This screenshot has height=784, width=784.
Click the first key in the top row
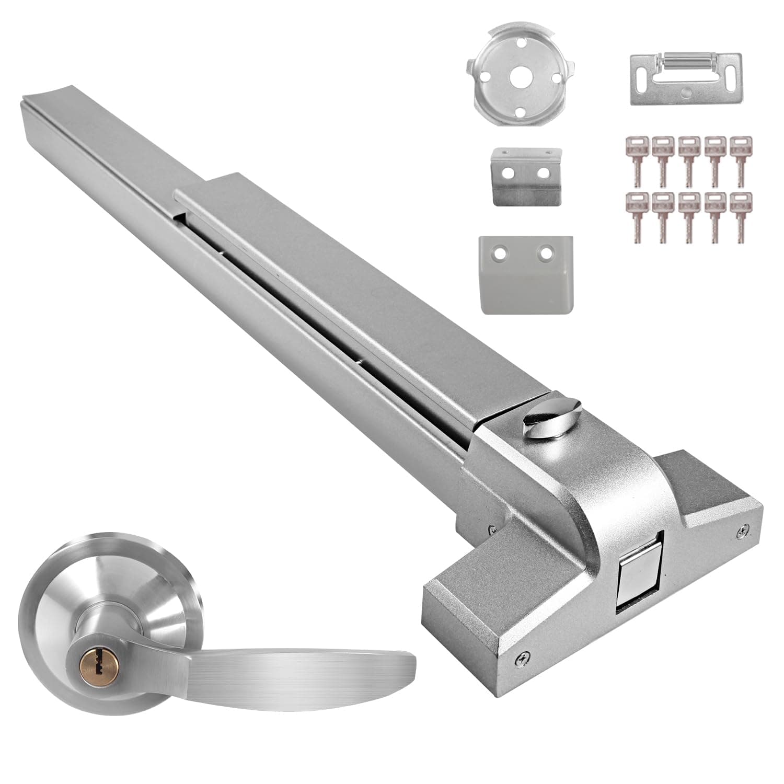click(x=635, y=162)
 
